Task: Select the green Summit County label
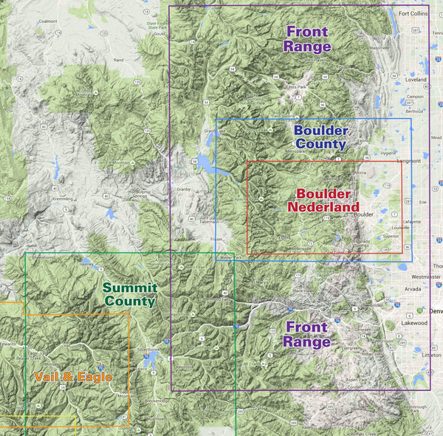129,294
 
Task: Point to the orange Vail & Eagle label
73,377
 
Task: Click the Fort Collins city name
413,13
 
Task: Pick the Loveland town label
416,78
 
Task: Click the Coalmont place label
47,22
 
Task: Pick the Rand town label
117,59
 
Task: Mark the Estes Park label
297,86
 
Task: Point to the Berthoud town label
415,111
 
